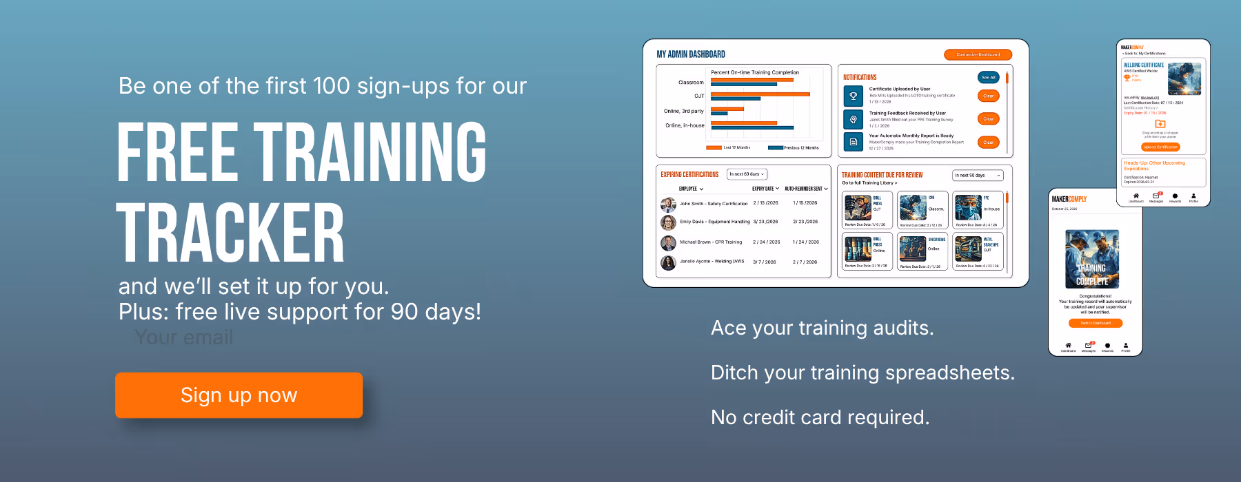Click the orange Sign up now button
click(x=239, y=395)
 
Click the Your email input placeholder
click(x=184, y=337)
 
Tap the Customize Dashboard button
click(x=978, y=54)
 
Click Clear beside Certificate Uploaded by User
click(x=988, y=96)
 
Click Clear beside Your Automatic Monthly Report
click(x=988, y=143)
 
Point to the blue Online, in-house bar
click(x=751, y=128)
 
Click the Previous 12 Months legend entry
click(x=800, y=148)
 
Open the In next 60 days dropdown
click(x=747, y=174)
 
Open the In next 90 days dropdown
click(x=977, y=176)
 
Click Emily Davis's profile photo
click(x=668, y=222)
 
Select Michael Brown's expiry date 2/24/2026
click(x=766, y=242)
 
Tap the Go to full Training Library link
click(x=869, y=183)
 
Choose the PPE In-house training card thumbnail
click(x=968, y=207)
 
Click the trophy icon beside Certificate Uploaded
click(x=853, y=96)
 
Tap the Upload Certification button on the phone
click(x=1160, y=147)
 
